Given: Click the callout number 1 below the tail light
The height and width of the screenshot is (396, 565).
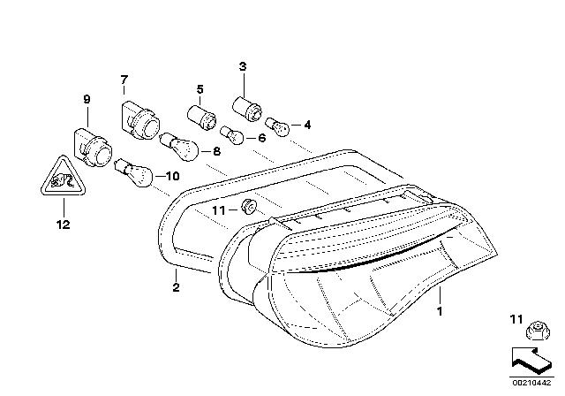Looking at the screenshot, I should (x=439, y=311).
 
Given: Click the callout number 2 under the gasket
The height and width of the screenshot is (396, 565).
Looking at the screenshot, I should (x=176, y=287).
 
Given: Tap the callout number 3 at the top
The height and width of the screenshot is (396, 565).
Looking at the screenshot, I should (x=242, y=67).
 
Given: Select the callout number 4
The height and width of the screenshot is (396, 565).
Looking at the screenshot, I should (x=307, y=125).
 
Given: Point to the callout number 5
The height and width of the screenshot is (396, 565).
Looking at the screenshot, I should (x=200, y=89).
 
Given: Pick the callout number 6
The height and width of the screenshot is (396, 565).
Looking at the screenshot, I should (x=262, y=138).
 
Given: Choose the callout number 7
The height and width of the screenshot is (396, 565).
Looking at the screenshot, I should (x=124, y=80).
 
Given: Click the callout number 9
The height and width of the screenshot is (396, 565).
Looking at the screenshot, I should (x=87, y=99).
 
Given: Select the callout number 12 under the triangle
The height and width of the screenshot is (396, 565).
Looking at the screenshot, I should (x=61, y=225).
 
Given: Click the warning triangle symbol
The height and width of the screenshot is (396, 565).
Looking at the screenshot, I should (x=61, y=184).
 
